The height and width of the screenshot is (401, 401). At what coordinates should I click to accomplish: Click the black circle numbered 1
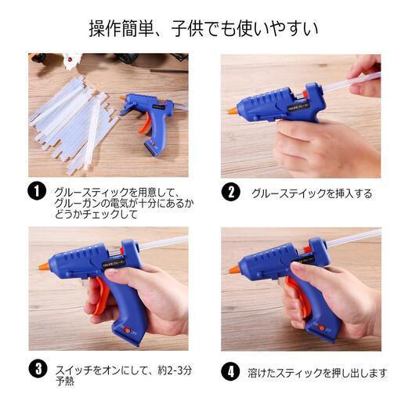(37, 191)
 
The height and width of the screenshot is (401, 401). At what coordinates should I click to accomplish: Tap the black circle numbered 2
(230, 192)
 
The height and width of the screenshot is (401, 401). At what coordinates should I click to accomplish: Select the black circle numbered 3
(38, 369)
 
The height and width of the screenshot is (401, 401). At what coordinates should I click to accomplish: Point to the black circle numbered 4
(230, 371)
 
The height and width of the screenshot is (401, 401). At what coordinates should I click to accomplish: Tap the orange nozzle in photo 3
(44, 266)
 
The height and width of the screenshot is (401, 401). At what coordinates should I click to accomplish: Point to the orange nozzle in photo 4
(234, 269)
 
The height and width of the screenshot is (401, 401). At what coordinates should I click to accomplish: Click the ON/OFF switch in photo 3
(128, 330)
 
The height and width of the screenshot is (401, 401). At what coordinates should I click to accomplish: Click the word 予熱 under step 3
(65, 381)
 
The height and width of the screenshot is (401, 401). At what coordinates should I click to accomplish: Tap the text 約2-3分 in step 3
(175, 370)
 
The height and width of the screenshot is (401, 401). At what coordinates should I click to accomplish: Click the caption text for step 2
(312, 193)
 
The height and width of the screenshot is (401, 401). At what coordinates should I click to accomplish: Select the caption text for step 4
(317, 373)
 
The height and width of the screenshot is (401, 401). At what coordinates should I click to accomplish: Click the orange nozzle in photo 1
(122, 98)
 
